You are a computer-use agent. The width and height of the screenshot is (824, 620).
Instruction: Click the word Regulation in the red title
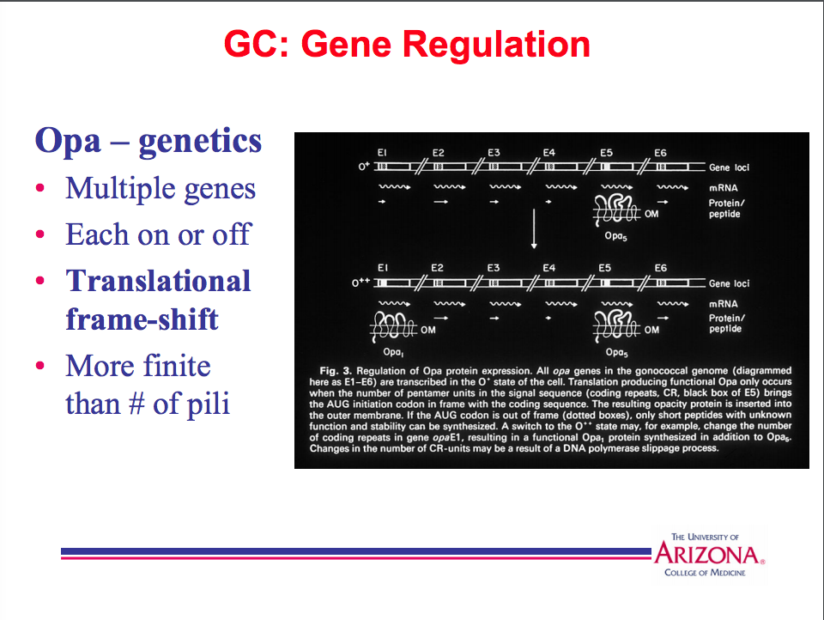(x=503, y=44)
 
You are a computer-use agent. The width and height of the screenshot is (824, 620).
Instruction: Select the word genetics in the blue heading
(x=199, y=140)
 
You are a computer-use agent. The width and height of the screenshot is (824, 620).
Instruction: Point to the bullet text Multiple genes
(x=161, y=188)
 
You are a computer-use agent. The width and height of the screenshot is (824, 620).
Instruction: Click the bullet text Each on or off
(x=157, y=234)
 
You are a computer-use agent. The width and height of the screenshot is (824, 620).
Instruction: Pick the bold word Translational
(x=159, y=281)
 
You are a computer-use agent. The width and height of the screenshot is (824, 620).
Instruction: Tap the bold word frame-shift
(x=142, y=319)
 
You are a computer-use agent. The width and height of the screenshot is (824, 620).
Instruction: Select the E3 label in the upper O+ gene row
(x=494, y=153)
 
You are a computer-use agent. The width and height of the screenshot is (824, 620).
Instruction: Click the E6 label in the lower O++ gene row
(x=660, y=269)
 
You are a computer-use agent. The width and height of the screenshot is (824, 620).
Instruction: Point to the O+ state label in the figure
(x=364, y=166)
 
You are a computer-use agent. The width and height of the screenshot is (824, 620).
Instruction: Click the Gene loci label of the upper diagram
(x=729, y=167)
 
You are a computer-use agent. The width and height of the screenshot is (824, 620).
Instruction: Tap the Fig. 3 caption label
(x=321, y=371)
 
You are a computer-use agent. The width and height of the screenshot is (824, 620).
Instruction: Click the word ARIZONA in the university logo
(x=707, y=554)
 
